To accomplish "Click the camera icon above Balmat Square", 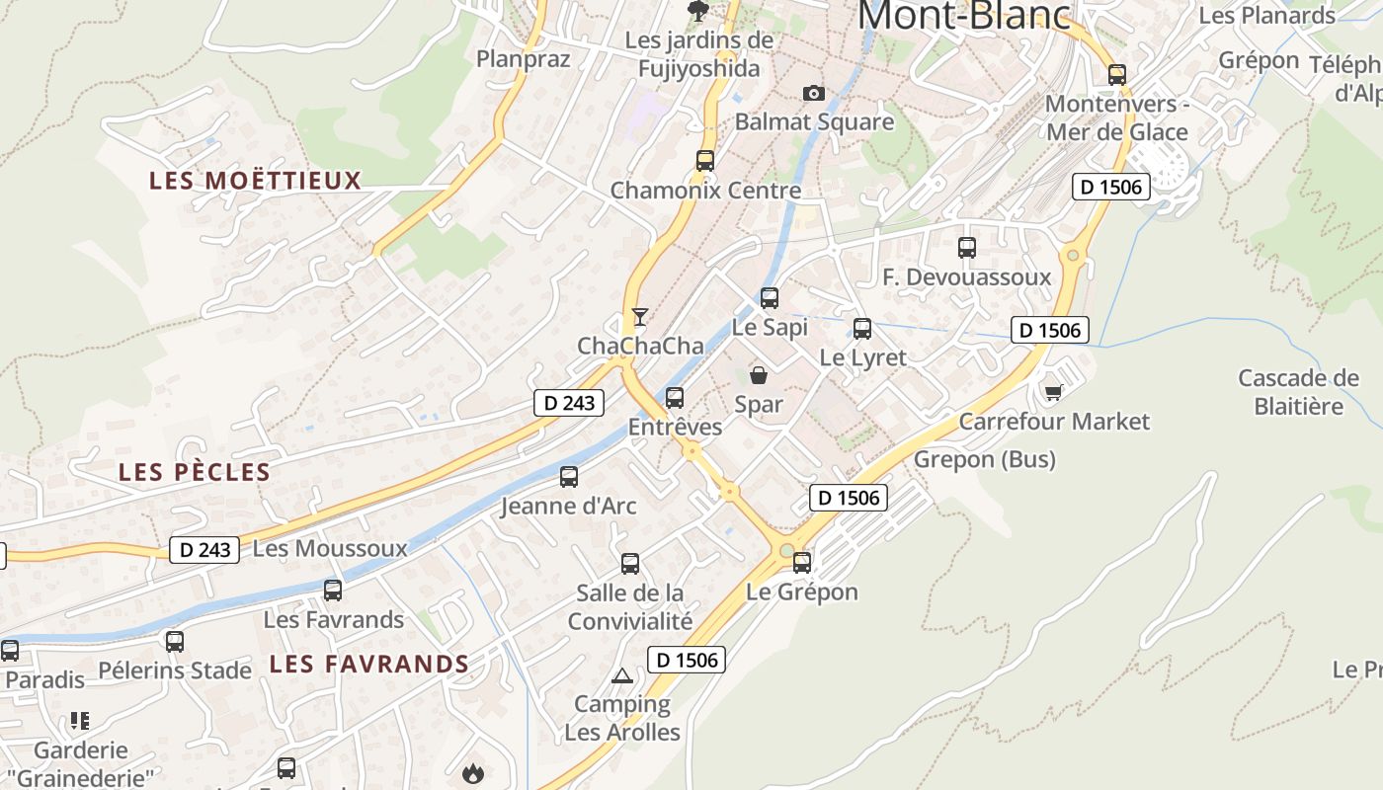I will [x=813, y=93].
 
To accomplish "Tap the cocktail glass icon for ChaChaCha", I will [x=640, y=317].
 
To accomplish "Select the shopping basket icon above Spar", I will [x=759, y=375].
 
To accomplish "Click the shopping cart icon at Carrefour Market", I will [x=1053, y=393].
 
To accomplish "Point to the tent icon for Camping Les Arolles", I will [x=621, y=676].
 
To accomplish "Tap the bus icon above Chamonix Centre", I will [x=704, y=160].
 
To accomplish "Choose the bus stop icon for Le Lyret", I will [x=862, y=329].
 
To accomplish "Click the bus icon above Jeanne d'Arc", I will [x=569, y=477].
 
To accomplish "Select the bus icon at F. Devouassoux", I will [x=967, y=248].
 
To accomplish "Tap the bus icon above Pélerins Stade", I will [x=175, y=642].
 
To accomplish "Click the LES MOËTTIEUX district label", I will [x=255, y=181].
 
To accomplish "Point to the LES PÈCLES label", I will [x=195, y=472].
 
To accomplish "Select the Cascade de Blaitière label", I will [x=1298, y=392].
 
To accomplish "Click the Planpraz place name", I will [x=524, y=59].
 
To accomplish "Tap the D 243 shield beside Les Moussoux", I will [x=205, y=550].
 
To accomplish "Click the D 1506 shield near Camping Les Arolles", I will [x=687, y=660].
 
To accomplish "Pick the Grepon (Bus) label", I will [x=984, y=459].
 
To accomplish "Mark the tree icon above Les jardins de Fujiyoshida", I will [x=698, y=11].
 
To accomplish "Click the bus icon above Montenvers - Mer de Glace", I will [x=1117, y=75].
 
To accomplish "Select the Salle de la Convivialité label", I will [x=630, y=606].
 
